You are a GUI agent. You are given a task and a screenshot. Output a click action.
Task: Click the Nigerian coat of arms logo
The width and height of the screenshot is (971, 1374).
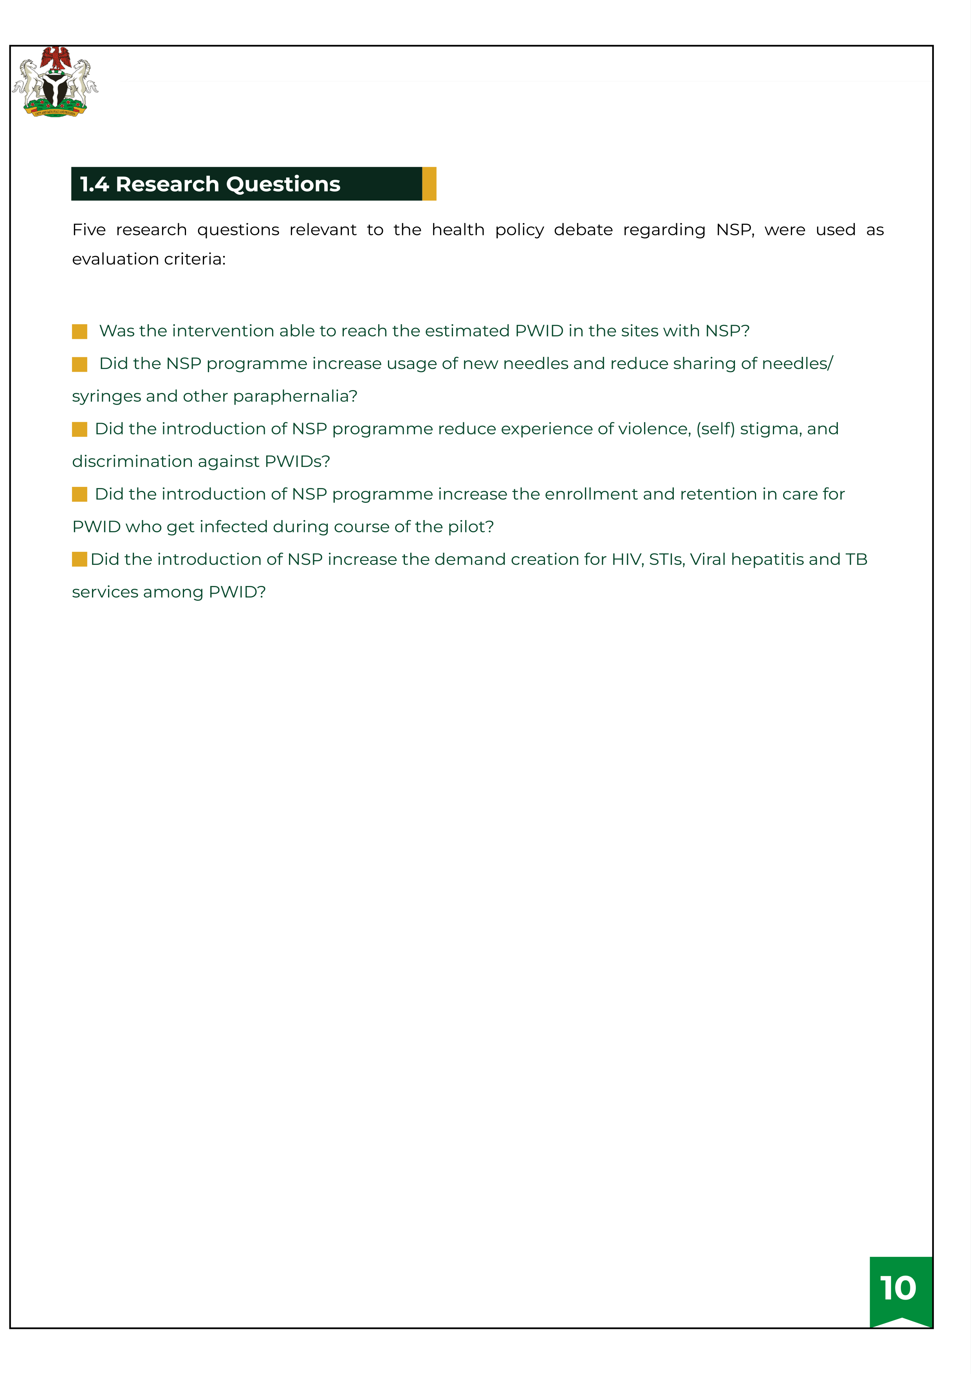click(55, 82)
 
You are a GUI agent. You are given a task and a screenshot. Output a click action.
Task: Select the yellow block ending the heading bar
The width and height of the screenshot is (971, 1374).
click(429, 184)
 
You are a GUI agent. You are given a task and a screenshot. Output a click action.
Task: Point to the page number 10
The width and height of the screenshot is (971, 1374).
click(898, 1289)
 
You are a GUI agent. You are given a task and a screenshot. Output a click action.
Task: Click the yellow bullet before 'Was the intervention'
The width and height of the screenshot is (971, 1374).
click(79, 331)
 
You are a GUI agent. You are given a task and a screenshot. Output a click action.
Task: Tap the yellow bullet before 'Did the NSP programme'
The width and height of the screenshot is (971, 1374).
click(79, 364)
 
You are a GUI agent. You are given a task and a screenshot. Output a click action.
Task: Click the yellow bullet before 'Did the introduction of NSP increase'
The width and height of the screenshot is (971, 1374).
click(79, 560)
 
